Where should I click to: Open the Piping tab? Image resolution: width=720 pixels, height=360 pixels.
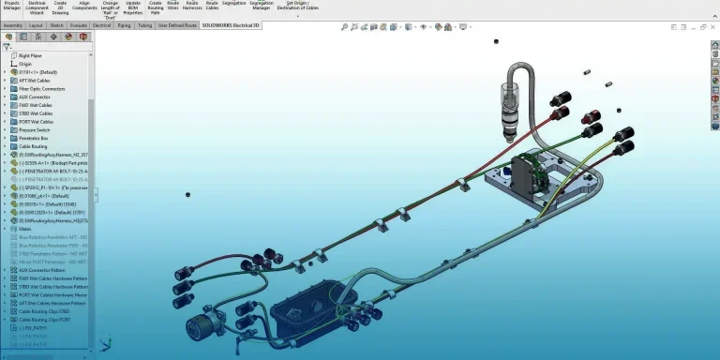(125, 26)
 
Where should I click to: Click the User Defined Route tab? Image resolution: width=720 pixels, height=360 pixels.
(177, 26)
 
